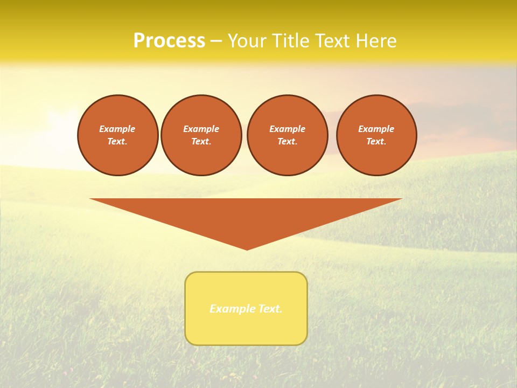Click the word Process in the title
click(x=169, y=41)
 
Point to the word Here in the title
click(x=378, y=41)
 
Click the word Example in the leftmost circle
click(x=117, y=129)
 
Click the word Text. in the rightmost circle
click(x=376, y=142)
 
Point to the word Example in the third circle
click(x=287, y=129)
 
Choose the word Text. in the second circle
click(x=201, y=142)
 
